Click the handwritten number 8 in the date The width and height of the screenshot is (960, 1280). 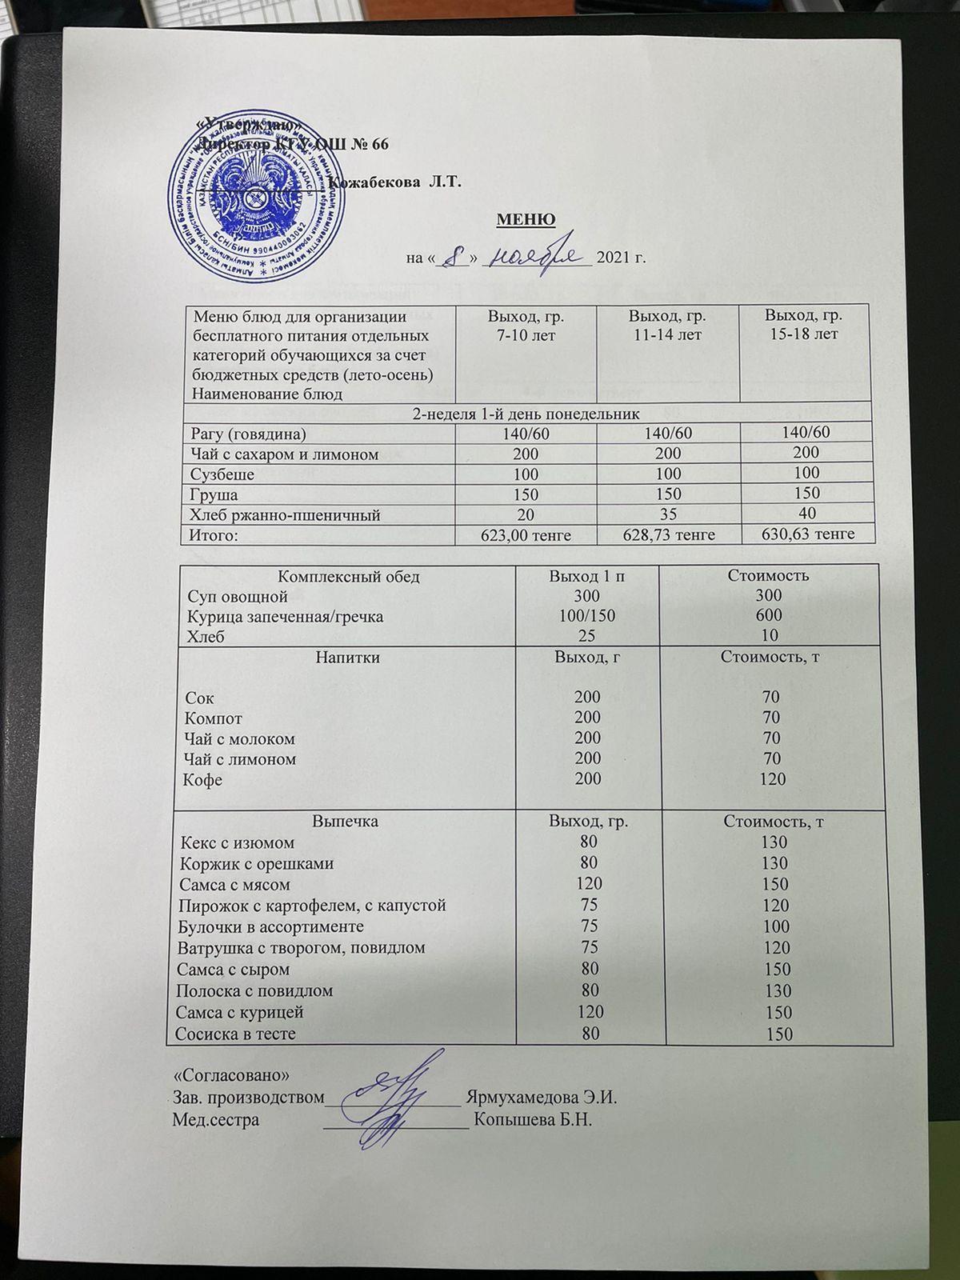[454, 258]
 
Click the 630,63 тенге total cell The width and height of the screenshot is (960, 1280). [802, 534]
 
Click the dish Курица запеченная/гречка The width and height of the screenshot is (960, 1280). [285, 617]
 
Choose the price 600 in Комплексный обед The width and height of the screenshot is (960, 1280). [772, 616]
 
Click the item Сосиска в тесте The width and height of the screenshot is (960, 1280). [238, 1034]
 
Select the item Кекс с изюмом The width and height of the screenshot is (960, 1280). [238, 842]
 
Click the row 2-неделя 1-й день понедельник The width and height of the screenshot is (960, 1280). [526, 414]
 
